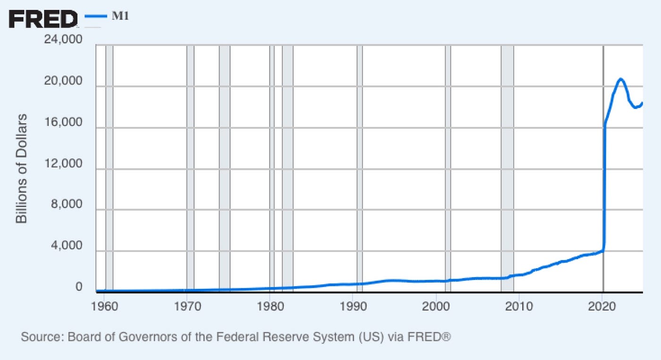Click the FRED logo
[42, 18]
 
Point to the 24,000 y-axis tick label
[63, 40]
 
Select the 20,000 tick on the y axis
[63, 81]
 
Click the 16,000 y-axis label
[63, 122]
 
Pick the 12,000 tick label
[63, 164]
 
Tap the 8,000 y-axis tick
[66, 205]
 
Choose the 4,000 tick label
[66, 246]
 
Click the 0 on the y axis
[79, 287]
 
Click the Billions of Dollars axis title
[22, 168]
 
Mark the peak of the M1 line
[620, 79]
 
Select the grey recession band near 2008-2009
[507, 165]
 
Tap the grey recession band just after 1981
[288, 165]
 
